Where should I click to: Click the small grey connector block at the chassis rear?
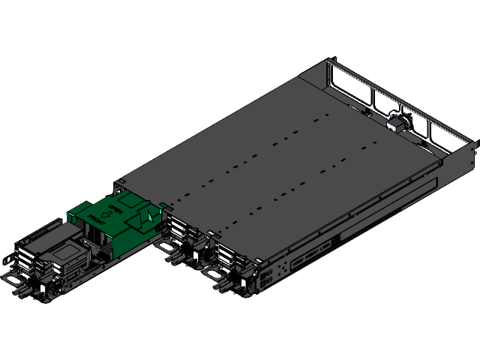pos(395,122)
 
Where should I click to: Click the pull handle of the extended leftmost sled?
pos(13,280)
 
